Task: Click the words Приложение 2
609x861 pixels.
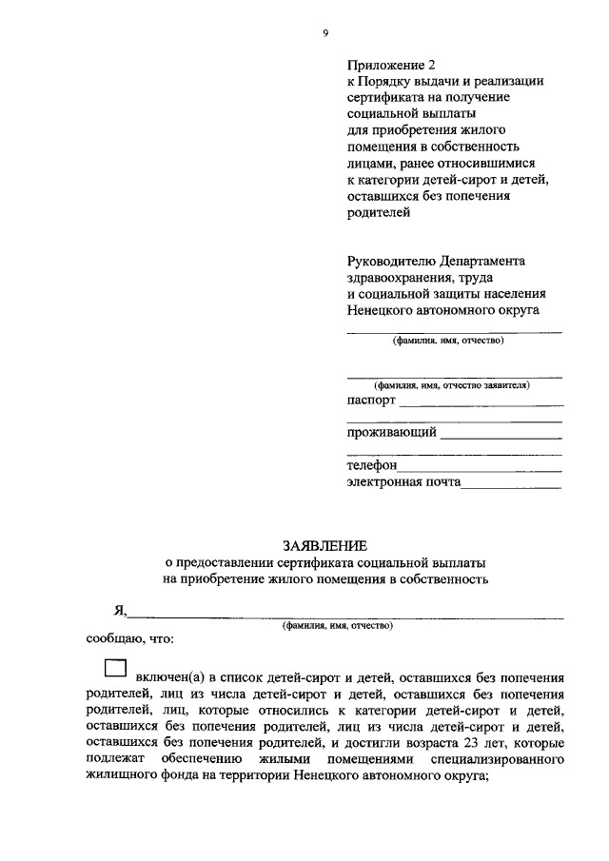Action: click(x=389, y=65)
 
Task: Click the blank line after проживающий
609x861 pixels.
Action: click(x=501, y=437)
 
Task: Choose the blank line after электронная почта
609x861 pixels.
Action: click(x=511, y=486)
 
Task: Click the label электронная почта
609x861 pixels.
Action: click(x=403, y=482)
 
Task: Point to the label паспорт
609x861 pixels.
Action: click(x=371, y=401)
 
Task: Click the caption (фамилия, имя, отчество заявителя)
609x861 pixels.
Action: click(x=452, y=385)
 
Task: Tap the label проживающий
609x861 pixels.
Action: click(x=392, y=432)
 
